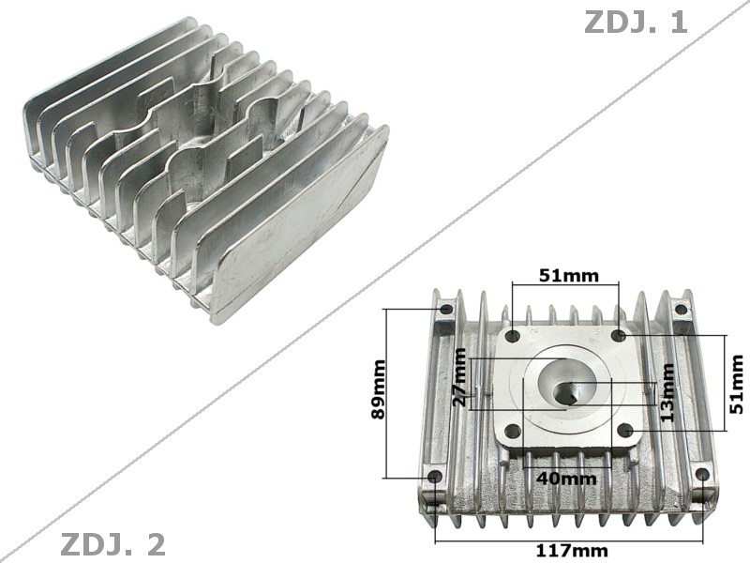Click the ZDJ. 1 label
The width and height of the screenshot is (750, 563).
click(636, 23)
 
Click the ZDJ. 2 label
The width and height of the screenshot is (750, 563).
click(112, 543)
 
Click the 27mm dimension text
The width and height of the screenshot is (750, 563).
click(458, 377)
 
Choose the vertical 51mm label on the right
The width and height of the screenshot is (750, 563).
click(737, 383)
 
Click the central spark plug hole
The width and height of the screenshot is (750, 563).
click(567, 395)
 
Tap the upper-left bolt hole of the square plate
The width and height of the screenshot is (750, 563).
click(512, 335)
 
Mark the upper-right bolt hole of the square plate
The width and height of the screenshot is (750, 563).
click(618, 335)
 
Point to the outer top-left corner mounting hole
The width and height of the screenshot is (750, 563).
click(445, 309)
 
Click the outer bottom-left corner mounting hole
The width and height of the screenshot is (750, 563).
click(434, 477)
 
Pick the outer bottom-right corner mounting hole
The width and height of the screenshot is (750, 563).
click(701, 475)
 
